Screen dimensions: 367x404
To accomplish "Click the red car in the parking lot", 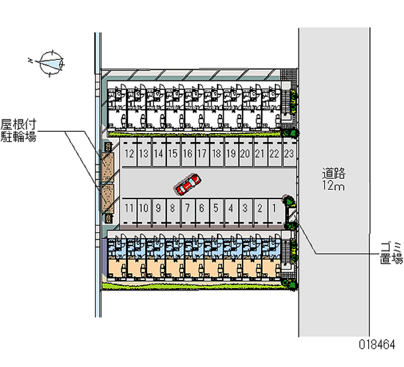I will [188, 184].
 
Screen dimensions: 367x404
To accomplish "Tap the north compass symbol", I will [52, 63].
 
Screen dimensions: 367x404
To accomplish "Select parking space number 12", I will [129, 153].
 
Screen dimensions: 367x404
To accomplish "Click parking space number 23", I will [289, 153].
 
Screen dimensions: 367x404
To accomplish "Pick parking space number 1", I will [273, 207].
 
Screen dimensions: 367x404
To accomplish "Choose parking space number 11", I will [129, 207].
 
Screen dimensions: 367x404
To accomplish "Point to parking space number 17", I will [202, 153].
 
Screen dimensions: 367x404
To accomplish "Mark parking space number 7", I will [187, 207].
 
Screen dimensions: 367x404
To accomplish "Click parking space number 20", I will [245, 153].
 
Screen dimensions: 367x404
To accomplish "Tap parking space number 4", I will [230, 207].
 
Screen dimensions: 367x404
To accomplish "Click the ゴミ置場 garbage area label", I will [391, 253].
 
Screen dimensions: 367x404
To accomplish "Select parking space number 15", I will [173, 153].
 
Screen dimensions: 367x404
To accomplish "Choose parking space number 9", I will [158, 207].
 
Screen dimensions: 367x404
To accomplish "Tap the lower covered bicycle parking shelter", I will [108, 199].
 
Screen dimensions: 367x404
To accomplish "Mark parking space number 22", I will [274, 153].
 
